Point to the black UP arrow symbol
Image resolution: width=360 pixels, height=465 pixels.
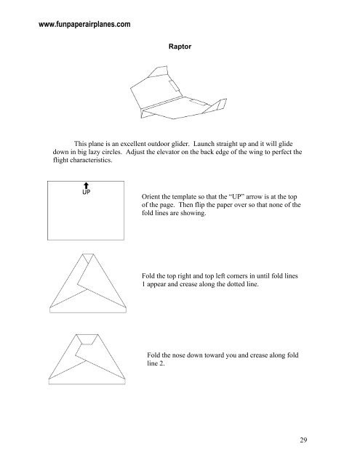point(86,188)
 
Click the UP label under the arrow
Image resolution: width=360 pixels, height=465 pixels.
point(86,195)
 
